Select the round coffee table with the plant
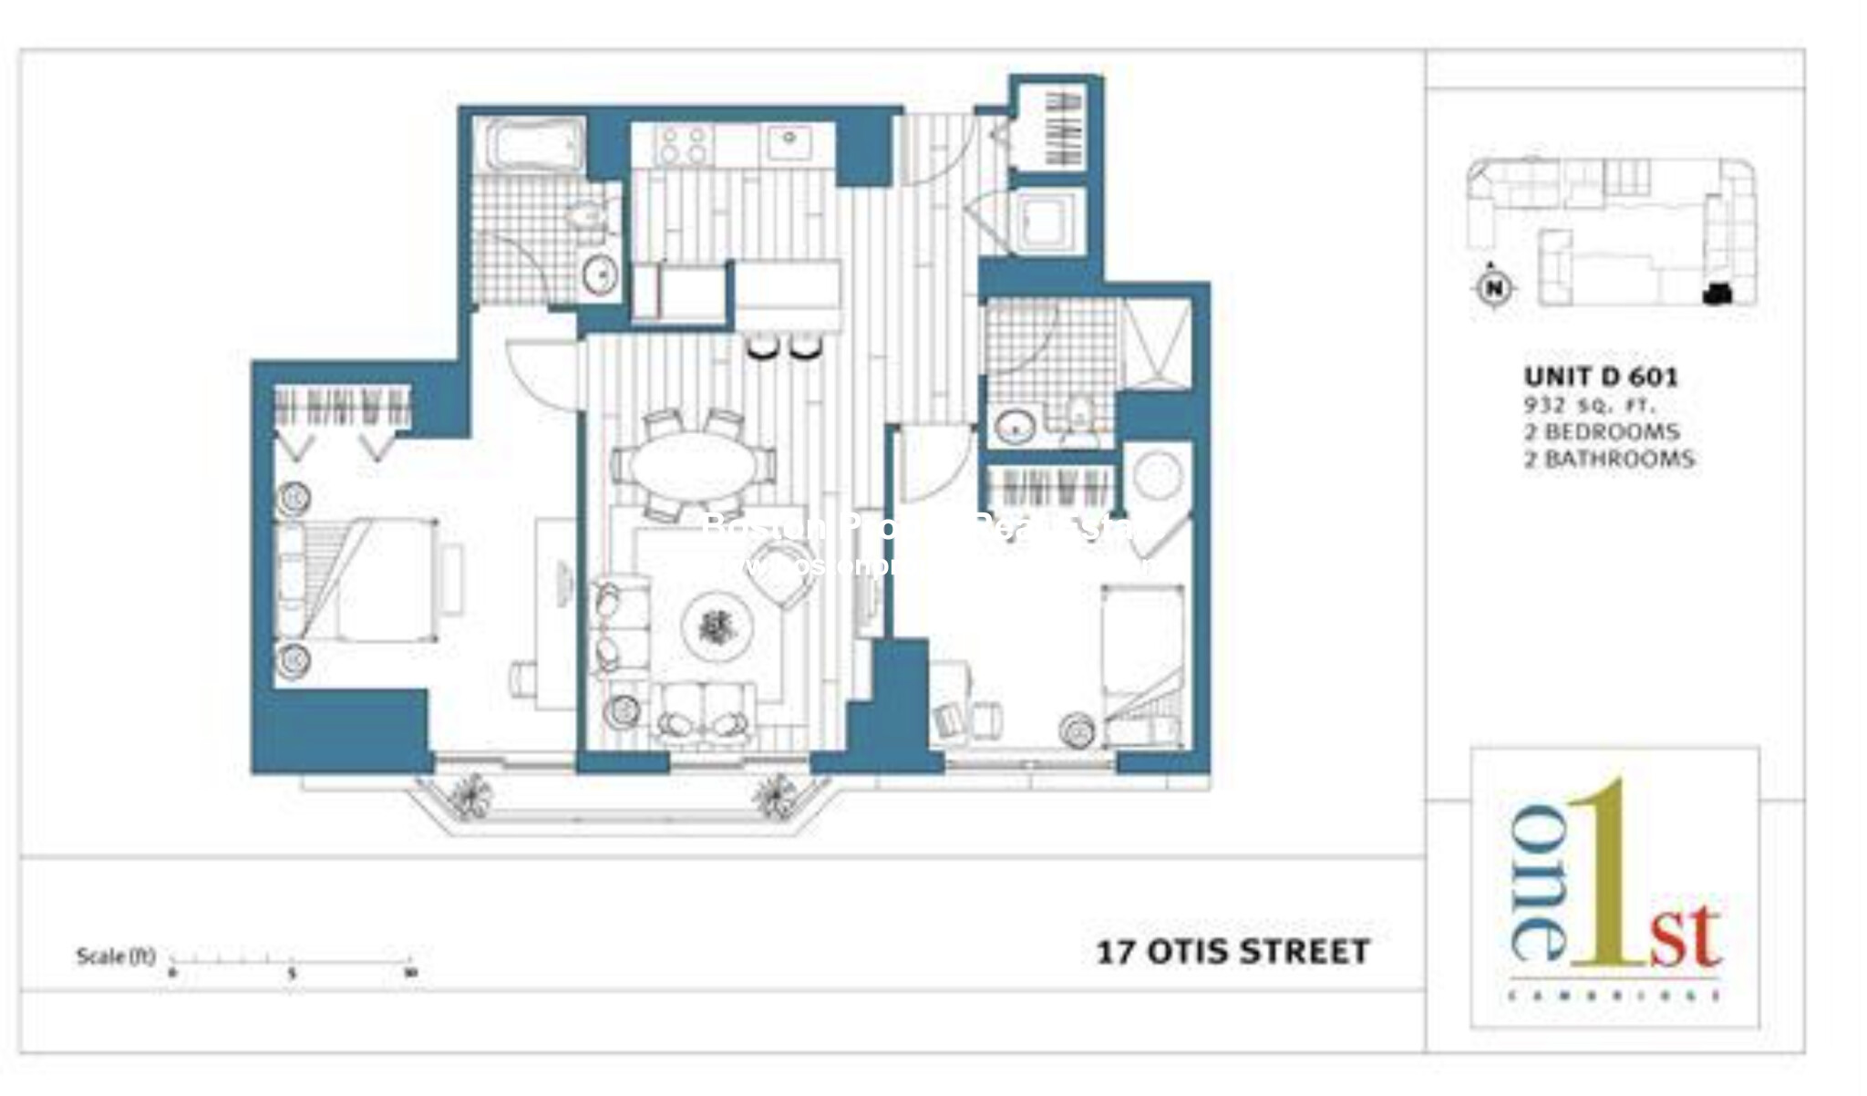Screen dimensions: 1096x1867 click(x=718, y=626)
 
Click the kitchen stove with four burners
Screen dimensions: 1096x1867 click(x=684, y=145)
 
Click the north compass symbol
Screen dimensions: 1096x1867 click(x=1493, y=287)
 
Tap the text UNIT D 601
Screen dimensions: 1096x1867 click(x=1601, y=376)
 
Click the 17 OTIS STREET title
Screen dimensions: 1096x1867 click(x=1233, y=952)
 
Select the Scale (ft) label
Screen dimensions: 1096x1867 click(x=116, y=956)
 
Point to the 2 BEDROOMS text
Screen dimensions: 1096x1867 click(x=1602, y=431)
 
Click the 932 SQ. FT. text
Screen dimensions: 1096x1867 click(x=1589, y=405)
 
